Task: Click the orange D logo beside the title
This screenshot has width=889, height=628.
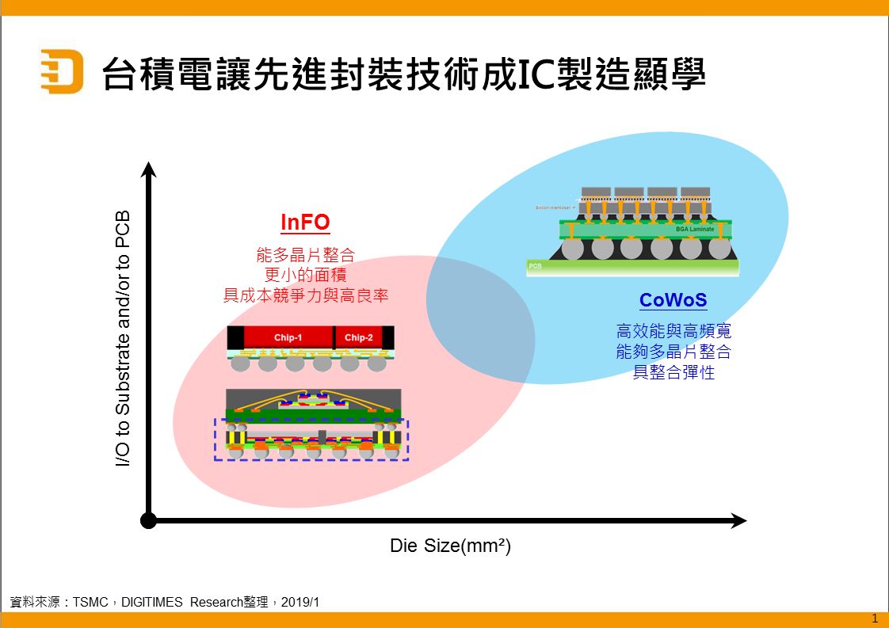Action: (62, 71)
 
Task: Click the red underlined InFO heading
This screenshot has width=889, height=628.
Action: (305, 223)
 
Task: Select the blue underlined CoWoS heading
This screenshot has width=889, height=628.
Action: (673, 301)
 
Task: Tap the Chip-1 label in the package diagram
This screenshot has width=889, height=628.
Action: (288, 338)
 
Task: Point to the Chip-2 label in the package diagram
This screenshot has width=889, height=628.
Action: (358, 338)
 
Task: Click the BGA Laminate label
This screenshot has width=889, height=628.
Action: (695, 230)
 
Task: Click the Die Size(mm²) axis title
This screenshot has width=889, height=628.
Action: (450, 546)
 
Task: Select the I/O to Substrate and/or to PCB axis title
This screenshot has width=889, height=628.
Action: (123, 338)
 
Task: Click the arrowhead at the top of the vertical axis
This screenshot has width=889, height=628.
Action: (148, 169)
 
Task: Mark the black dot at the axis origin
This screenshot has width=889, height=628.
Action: (148, 520)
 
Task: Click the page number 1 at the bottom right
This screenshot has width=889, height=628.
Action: (874, 618)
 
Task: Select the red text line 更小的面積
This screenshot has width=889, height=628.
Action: (305, 276)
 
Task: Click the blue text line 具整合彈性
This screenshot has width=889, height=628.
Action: (673, 372)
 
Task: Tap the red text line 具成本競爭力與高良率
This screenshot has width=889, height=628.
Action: (305, 295)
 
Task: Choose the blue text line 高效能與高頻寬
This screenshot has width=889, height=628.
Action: (673, 331)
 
